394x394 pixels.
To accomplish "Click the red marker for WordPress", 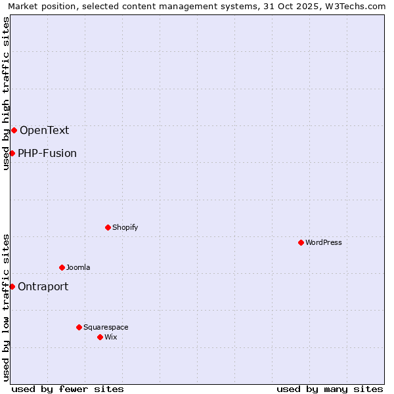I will coord(301,242).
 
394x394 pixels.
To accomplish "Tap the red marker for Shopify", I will coord(108,227).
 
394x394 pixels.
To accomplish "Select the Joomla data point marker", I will coord(62,267).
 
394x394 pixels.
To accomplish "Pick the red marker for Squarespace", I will coord(79,327).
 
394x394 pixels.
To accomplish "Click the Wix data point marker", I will coord(100,337).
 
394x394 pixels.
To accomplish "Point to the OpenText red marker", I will coord(14,130).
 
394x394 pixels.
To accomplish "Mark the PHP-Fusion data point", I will coord(12,153).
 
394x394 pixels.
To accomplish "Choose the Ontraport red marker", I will coord(12,286).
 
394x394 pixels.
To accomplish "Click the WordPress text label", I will coord(324,242).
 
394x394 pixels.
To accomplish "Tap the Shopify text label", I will coord(125,227).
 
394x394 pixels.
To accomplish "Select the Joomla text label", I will coord(78,267).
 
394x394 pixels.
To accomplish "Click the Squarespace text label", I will coord(106,327).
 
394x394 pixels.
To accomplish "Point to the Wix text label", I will coord(110,337).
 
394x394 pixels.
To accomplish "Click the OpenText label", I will coord(44,130).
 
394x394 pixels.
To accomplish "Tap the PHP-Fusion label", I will coord(47,153).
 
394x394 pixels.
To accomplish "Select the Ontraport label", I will coord(43,286).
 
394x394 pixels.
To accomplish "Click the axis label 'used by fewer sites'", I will coord(68,389).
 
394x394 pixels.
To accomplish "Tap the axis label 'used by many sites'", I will coord(330,389).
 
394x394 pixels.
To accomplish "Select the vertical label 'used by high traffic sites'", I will coord(6,93).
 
